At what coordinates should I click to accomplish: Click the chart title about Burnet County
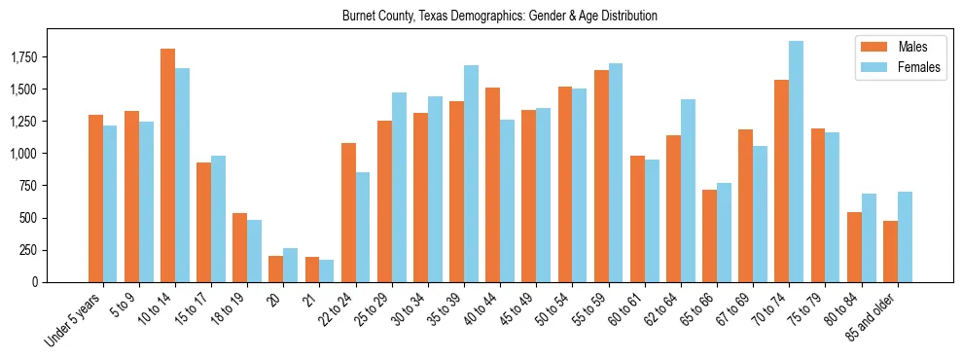(x=499, y=16)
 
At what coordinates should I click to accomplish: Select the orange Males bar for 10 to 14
(x=167, y=165)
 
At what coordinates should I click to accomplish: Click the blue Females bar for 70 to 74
(x=796, y=162)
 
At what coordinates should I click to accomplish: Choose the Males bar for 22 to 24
(x=348, y=212)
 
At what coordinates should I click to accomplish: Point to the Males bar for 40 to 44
(x=493, y=185)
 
